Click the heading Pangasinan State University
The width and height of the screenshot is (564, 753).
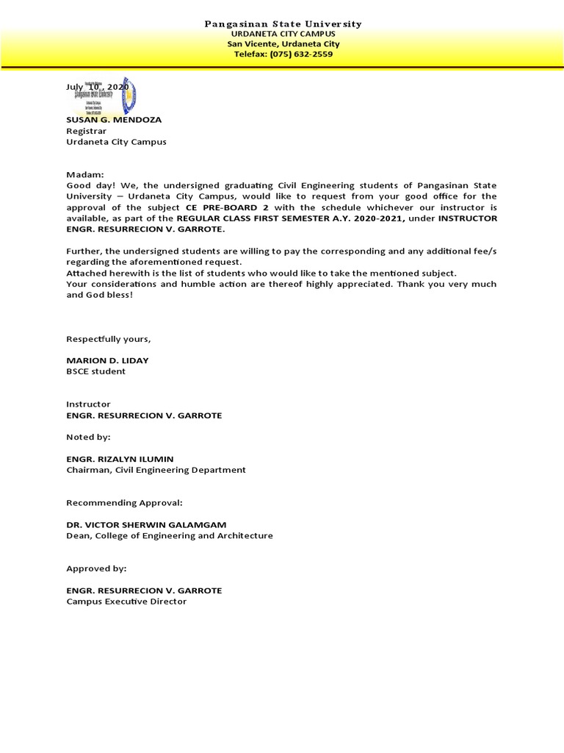282,24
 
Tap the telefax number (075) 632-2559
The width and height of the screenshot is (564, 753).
282,54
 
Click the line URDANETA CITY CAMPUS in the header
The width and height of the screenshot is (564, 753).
282,35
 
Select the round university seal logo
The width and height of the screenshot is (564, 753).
126,94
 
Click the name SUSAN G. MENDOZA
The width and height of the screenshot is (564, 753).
114,119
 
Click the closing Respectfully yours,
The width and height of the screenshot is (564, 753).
109,339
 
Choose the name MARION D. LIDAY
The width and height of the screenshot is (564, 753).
107,360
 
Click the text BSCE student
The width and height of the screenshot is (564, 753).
96,371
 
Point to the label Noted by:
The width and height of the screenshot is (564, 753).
88,437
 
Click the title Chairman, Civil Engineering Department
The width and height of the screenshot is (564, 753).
156,470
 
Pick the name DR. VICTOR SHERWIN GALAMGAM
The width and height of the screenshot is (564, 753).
147,524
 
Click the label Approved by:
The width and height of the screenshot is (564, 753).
96,568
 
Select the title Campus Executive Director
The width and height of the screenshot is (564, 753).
126,602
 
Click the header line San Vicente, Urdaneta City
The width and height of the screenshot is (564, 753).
282,44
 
